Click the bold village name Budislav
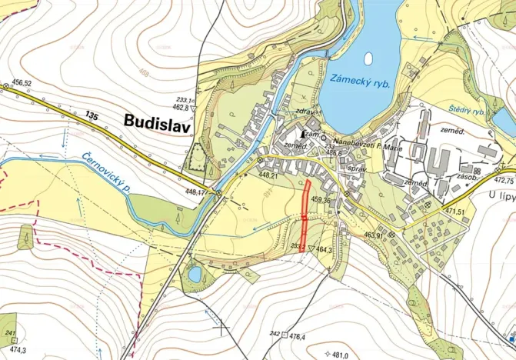click(x=156, y=121)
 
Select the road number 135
click(x=92, y=116)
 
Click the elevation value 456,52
click(x=22, y=83)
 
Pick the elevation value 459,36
click(x=321, y=201)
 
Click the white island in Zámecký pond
click(x=368, y=58)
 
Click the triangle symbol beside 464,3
click(x=311, y=249)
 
